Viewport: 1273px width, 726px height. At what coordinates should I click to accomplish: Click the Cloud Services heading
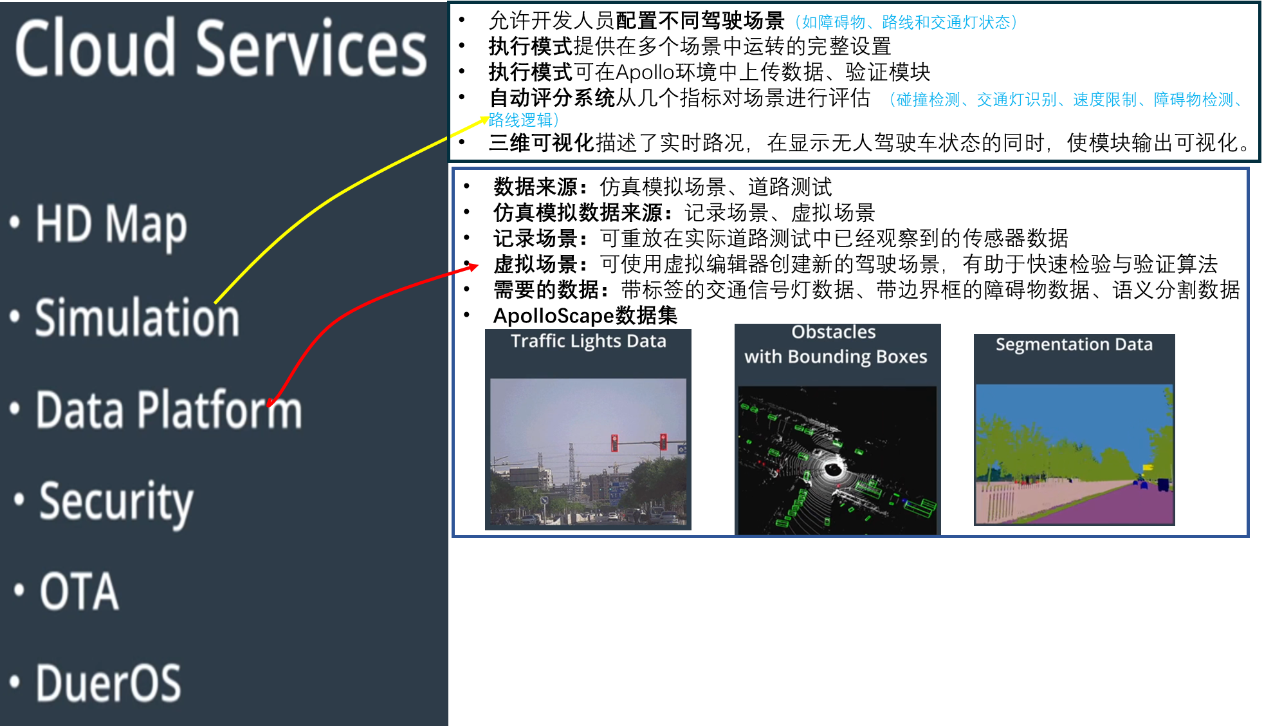point(221,49)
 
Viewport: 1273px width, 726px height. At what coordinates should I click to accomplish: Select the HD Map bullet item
point(111,225)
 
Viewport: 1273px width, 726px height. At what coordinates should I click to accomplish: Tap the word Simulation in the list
point(137,318)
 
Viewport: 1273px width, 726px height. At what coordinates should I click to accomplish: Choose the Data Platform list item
point(169,410)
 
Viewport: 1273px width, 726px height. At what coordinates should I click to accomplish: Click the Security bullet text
point(116,502)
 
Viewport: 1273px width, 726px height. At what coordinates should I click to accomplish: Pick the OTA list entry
point(79,591)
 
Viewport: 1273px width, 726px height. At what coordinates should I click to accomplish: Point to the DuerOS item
point(108,683)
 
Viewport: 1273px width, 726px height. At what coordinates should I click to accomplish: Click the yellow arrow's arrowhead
point(484,119)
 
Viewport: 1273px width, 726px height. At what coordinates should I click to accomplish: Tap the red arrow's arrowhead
point(474,266)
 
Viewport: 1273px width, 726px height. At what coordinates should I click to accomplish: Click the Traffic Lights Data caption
point(588,341)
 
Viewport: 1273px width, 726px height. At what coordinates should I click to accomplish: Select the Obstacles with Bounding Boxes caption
point(836,344)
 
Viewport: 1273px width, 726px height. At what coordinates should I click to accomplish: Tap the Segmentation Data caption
point(1074,345)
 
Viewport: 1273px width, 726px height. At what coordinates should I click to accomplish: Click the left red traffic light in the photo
point(614,442)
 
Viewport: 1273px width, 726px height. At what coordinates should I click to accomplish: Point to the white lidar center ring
point(833,469)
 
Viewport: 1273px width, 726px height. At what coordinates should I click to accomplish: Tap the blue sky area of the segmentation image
point(1068,405)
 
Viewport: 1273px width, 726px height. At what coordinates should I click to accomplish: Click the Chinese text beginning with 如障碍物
point(906,23)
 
